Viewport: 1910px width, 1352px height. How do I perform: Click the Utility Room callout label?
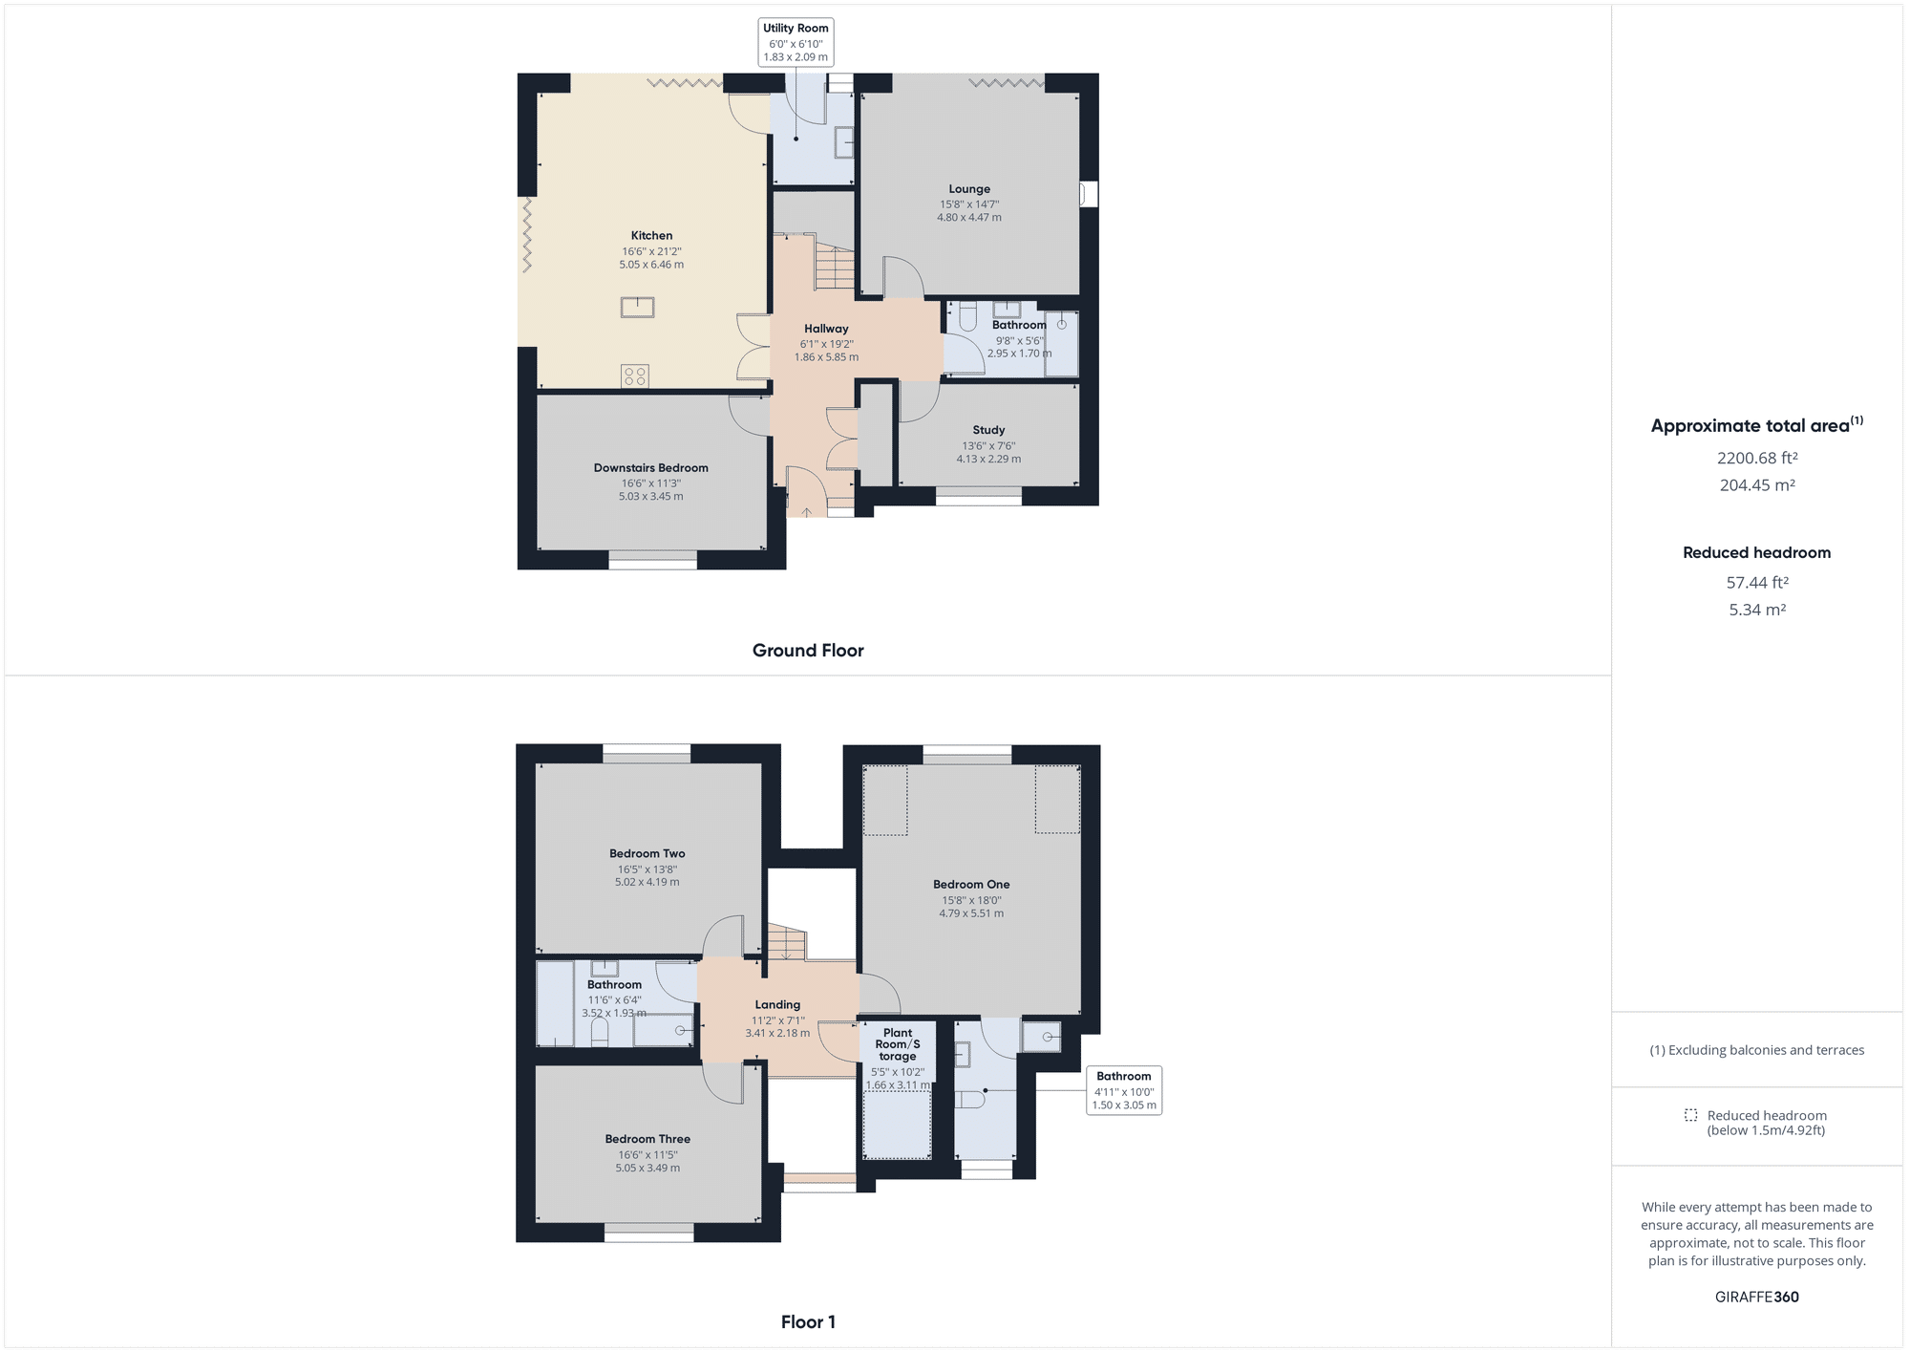(x=796, y=29)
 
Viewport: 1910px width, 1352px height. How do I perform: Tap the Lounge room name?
(x=969, y=189)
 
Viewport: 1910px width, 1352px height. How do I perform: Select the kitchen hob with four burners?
(x=635, y=376)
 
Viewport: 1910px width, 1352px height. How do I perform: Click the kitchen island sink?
(x=637, y=307)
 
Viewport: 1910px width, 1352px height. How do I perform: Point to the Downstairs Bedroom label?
(x=650, y=468)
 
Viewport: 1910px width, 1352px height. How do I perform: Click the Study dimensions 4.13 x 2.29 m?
(x=988, y=460)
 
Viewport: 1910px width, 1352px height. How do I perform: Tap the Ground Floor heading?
(x=808, y=651)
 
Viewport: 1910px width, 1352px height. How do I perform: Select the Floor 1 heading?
(x=808, y=1322)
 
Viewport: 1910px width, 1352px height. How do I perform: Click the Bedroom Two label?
(x=647, y=854)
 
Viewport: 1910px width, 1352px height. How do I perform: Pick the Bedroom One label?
(x=971, y=885)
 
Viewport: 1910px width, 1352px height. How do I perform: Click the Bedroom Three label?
(x=647, y=1139)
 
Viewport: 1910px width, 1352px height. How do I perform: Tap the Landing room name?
(x=777, y=1005)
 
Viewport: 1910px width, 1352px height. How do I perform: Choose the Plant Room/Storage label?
(x=898, y=1044)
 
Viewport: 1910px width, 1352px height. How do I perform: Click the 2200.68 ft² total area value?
(x=1757, y=458)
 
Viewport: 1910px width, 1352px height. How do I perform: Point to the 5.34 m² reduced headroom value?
(x=1757, y=610)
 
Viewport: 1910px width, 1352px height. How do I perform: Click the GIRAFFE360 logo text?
(x=1757, y=1298)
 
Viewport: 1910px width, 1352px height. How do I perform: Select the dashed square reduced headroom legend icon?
(x=1690, y=1115)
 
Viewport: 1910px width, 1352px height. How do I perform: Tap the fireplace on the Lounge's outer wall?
(x=1088, y=194)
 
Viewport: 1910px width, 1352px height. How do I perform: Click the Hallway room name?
(x=826, y=329)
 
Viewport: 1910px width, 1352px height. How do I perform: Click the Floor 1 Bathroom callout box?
(x=1124, y=1090)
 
